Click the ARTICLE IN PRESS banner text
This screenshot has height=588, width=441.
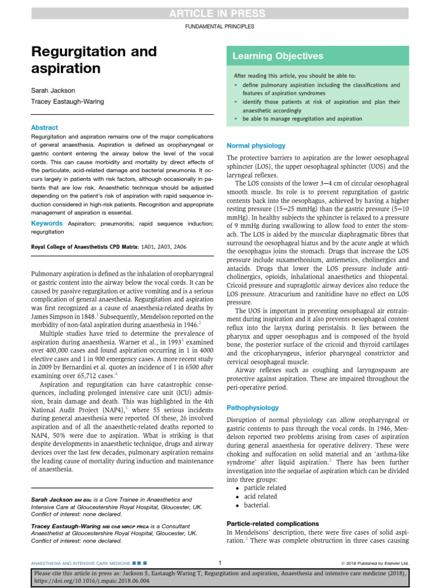tap(220, 14)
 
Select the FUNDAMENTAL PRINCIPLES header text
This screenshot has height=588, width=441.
tap(220, 26)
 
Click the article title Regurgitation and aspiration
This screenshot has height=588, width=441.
tap(94, 60)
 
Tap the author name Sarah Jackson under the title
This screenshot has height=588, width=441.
tap(53, 91)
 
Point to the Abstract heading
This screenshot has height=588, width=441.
tap(44, 127)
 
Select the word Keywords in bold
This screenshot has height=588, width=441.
tap(47, 223)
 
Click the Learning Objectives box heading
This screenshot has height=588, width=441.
tap(277, 56)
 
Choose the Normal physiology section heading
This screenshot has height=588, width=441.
tap(256, 146)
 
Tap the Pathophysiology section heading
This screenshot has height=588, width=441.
tap(253, 408)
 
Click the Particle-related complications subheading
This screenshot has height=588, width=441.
tap(273, 524)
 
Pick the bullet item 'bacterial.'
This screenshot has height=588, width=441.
tap(256, 505)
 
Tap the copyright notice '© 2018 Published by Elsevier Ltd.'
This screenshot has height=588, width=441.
tap(374, 563)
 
